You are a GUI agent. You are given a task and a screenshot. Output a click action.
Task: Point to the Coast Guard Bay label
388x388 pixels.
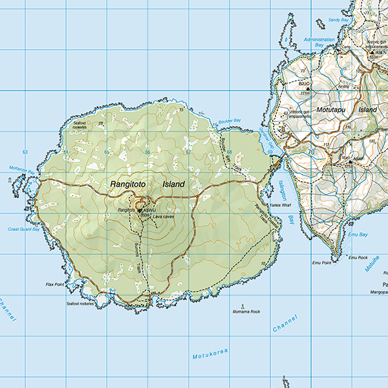point(25,229)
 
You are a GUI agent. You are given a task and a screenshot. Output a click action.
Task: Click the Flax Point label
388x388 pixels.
point(55,284)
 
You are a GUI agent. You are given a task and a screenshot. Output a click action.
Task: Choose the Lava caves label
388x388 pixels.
point(165,217)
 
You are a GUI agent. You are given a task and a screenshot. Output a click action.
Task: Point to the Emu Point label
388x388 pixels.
point(321,263)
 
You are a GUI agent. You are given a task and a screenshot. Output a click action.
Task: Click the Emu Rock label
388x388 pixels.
point(358,258)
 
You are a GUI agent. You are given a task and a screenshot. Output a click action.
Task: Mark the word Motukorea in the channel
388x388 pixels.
point(211,355)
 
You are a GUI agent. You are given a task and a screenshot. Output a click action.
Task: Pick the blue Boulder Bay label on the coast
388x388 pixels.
point(229,121)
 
